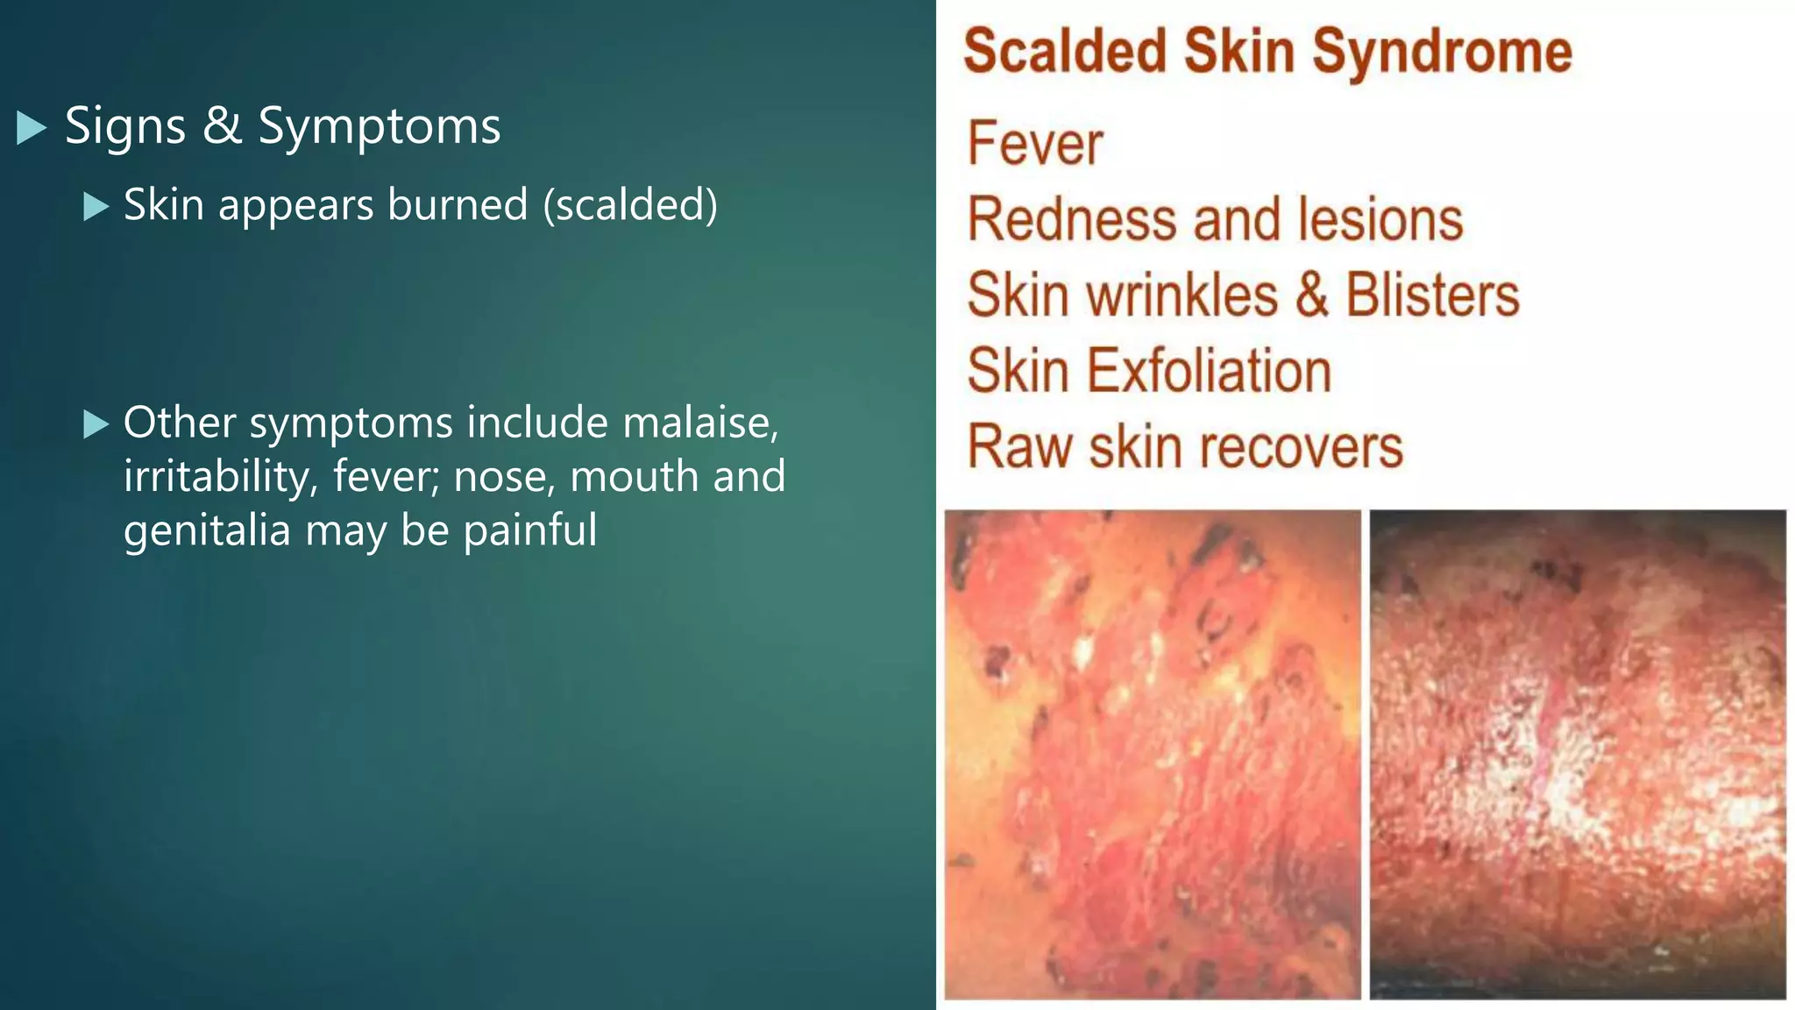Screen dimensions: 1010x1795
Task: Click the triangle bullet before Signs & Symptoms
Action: click(32, 128)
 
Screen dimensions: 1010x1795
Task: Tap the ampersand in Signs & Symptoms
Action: click(222, 125)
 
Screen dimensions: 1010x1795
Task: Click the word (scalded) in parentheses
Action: click(630, 204)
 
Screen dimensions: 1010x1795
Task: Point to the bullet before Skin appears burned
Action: click(96, 207)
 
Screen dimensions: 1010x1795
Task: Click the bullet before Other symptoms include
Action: click(96, 424)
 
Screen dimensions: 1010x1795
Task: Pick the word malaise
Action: click(700, 423)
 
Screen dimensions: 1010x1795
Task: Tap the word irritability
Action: click(221, 477)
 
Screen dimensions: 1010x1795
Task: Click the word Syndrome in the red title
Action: click(1442, 51)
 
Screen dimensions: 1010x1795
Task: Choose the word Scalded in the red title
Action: click(1065, 51)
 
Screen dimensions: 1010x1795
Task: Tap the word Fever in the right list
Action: click(1035, 144)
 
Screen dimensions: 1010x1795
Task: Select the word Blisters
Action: click(1432, 295)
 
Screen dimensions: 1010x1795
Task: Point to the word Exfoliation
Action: click(1210, 371)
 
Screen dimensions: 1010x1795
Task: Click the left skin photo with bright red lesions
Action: click(1153, 754)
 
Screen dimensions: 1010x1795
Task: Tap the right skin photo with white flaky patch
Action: click(1578, 754)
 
